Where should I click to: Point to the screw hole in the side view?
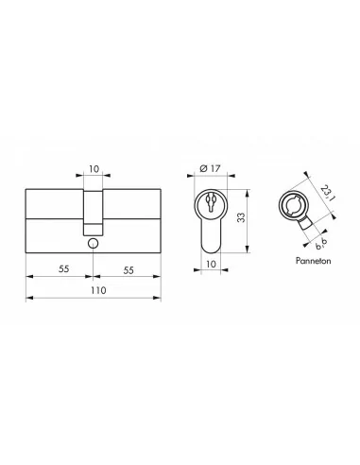(x=93, y=243)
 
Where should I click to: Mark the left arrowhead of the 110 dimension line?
(x=28, y=300)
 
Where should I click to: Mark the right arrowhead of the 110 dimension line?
(x=157, y=300)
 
